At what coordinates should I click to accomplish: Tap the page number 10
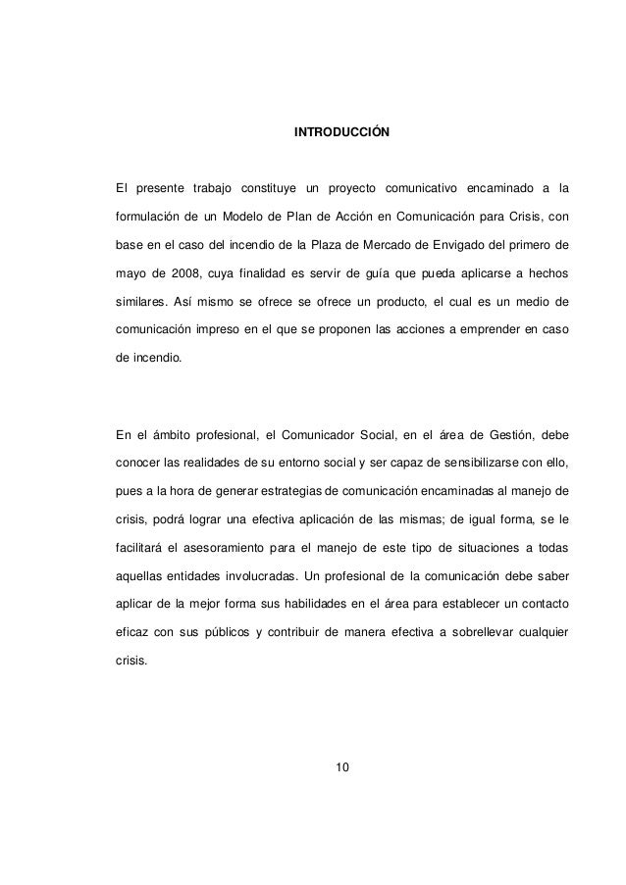pyautogui.click(x=342, y=765)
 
